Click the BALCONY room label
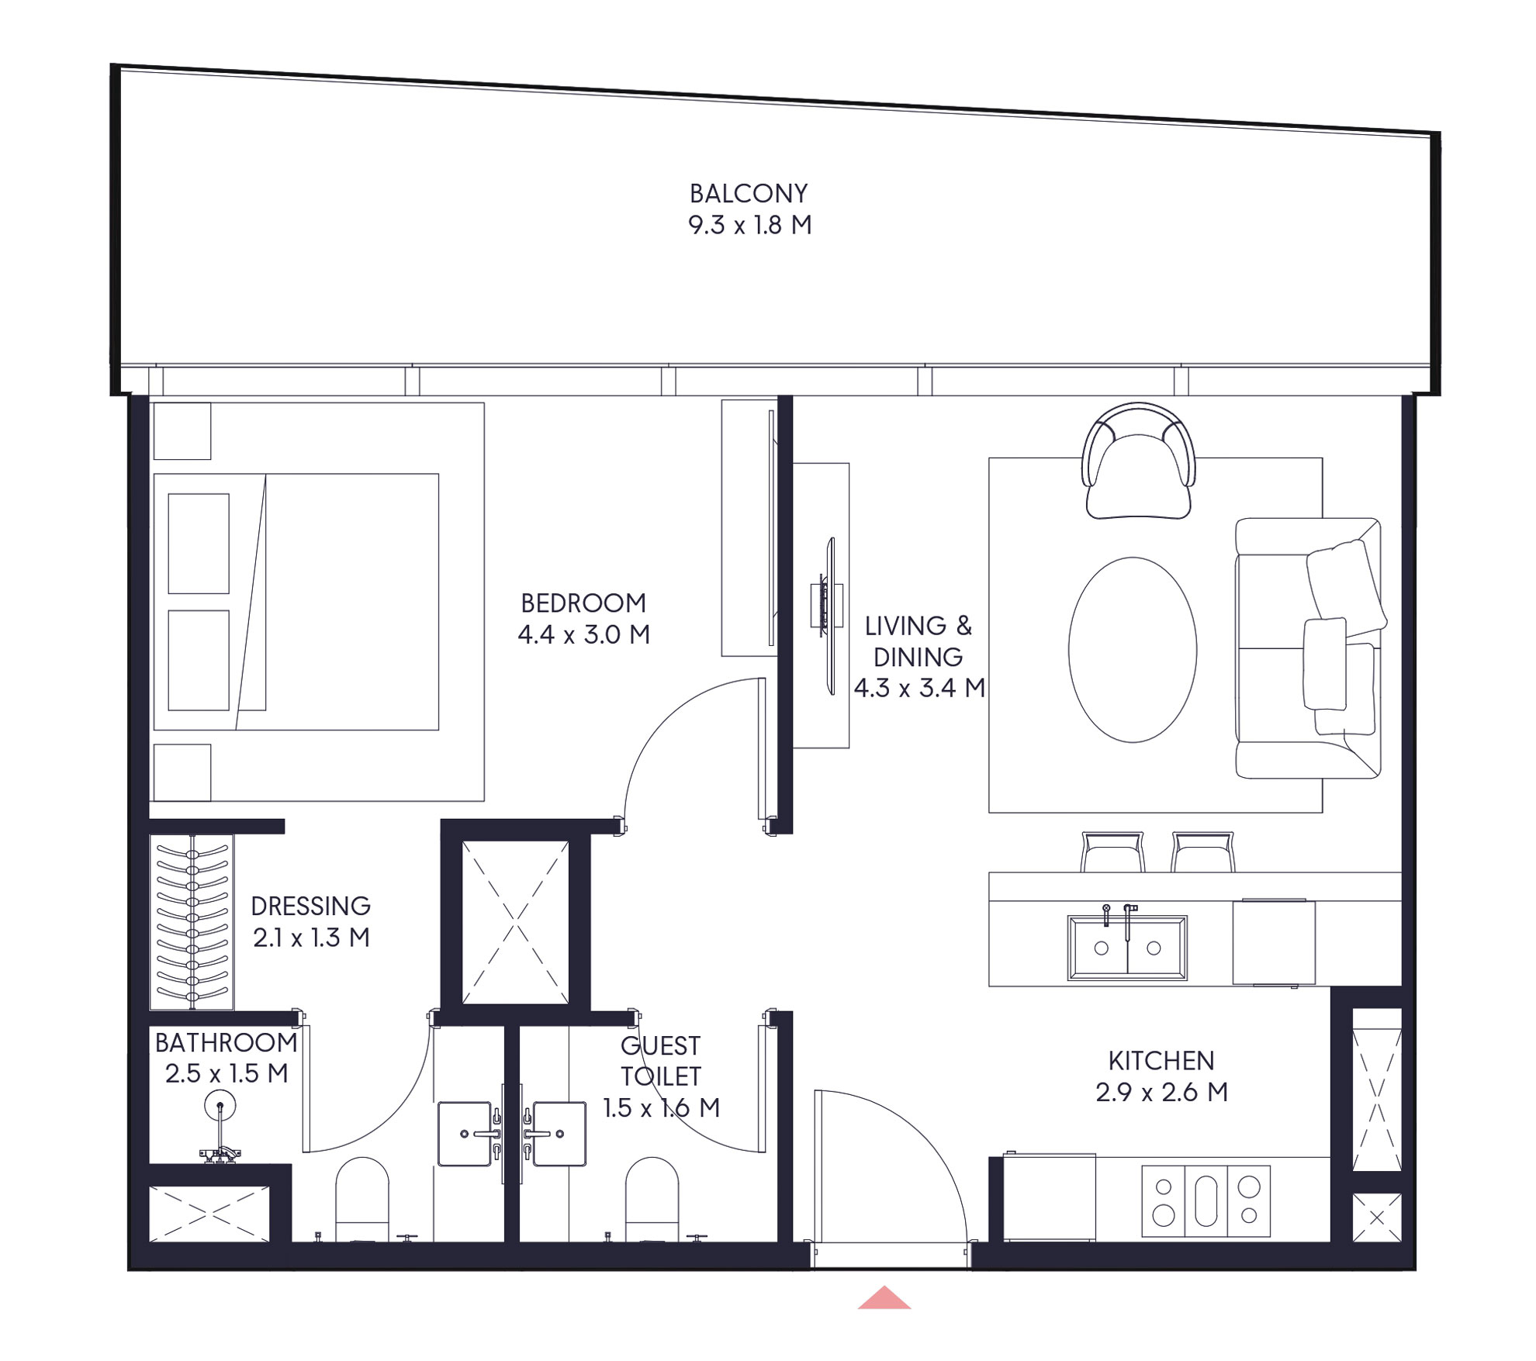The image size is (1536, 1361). pyautogui.click(x=749, y=193)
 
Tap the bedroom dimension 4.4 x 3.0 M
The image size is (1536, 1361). pyautogui.click(x=583, y=634)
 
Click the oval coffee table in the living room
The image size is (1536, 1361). pyautogui.click(x=1132, y=650)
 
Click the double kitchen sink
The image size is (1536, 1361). pyautogui.click(x=1126, y=948)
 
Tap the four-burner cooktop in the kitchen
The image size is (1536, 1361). pyautogui.click(x=1206, y=1200)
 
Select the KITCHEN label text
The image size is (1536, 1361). pyautogui.click(x=1161, y=1060)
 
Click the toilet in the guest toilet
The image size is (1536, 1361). pyautogui.click(x=652, y=1198)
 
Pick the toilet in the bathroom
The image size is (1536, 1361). pyautogui.click(x=362, y=1198)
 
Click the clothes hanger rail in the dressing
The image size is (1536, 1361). pyautogui.click(x=192, y=922)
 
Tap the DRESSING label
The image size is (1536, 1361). pyautogui.click(x=310, y=906)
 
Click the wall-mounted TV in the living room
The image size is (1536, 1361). pyautogui.click(x=829, y=616)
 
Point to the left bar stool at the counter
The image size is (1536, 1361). pyautogui.click(x=1112, y=852)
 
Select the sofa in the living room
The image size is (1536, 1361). pyautogui.click(x=1308, y=648)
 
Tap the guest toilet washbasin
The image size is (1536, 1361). pyautogui.click(x=559, y=1133)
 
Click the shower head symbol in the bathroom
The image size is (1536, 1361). pyautogui.click(x=220, y=1106)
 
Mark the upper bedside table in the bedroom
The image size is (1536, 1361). pyautogui.click(x=182, y=431)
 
